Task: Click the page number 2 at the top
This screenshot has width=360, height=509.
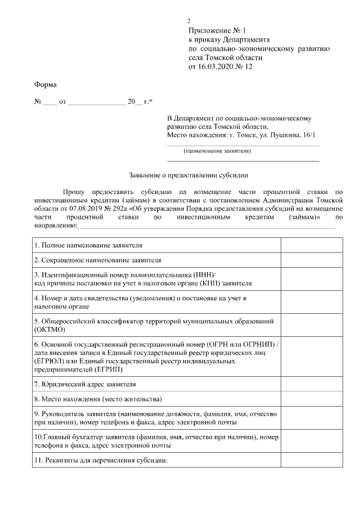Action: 188,21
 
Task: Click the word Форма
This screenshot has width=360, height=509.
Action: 46,85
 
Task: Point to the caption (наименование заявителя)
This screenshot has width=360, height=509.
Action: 217,151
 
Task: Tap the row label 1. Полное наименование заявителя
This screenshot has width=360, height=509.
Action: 88,246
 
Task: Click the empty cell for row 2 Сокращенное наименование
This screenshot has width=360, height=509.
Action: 311,260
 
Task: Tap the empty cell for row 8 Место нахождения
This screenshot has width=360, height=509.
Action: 311,399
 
